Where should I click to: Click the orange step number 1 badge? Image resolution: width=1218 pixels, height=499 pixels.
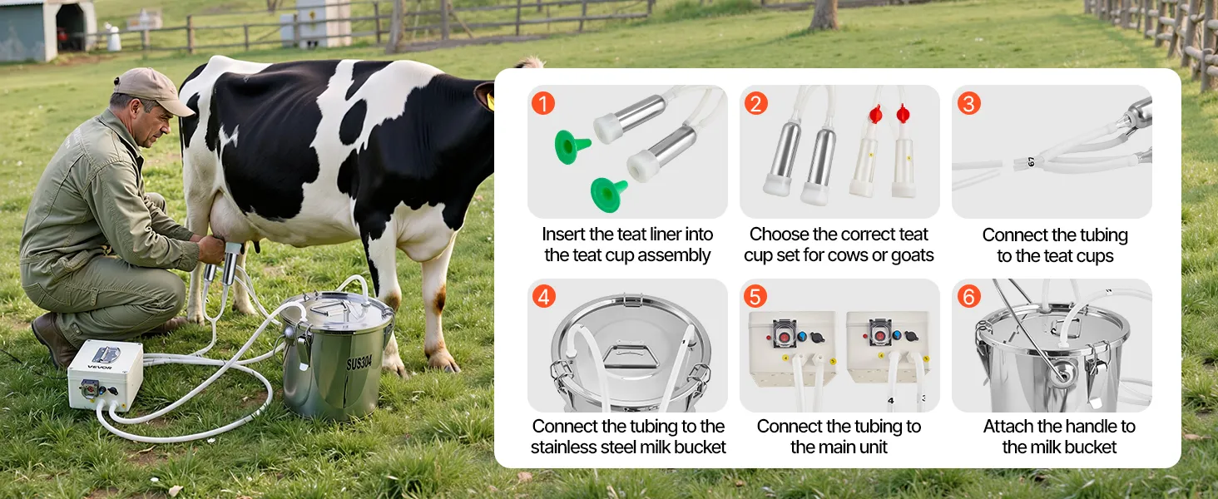pyautogui.click(x=543, y=103)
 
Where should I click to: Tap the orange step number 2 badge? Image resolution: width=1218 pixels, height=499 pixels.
pyautogui.click(x=755, y=103)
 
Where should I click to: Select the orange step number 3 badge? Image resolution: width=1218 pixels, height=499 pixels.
pyautogui.click(x=968, y=103)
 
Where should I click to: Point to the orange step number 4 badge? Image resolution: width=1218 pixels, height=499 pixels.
pyautogui.click(x=544, y=296)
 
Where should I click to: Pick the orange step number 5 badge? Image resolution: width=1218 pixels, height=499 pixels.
pyautogui.click(x=755, y=296)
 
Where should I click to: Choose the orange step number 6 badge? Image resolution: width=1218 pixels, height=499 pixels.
pyautogui.click(x=968, y=296)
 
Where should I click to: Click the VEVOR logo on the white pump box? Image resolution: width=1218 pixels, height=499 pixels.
pyautogui.click(x=100, y=368)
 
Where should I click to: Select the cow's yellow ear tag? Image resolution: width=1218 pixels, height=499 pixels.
pyautogui.click(x=491, y=101)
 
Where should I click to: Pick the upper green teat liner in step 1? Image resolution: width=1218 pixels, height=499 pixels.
pyautogui.click(x=571, y=146)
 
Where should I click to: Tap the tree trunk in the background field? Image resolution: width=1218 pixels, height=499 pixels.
pyautogui.click(x=824, y=15)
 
